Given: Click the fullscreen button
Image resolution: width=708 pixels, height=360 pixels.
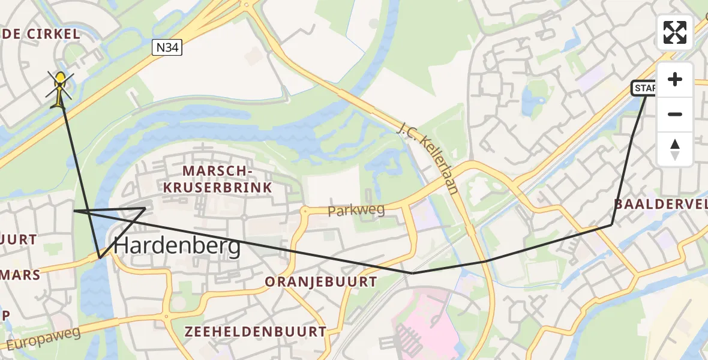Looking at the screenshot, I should click(675, 32).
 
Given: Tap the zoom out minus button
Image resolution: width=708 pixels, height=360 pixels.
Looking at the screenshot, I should click(675, 114).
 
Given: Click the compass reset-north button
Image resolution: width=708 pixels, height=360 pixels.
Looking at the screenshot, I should click(675, 149).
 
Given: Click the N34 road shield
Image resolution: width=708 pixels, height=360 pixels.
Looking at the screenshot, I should click(166, 48).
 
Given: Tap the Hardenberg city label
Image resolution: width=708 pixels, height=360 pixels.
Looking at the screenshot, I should click(177, 245).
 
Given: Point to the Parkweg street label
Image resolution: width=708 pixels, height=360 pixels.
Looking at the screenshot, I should click(356, 210).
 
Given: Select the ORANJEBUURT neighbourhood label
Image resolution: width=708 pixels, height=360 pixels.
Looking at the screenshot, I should click(321, 282).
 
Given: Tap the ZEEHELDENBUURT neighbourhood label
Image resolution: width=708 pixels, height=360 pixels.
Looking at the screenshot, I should click(256, 332).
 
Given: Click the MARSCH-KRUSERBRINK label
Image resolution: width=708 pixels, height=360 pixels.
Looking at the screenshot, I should click(227, 179).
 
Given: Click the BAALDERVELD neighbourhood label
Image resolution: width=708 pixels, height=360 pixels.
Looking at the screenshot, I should click(660, 204).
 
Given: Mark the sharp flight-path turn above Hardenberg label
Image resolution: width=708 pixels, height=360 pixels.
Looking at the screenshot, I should click(145, 208).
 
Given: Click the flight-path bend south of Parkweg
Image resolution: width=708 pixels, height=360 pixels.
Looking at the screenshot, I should click(412, 273).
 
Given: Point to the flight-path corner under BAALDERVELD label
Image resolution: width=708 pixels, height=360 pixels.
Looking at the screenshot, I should click(611, 224).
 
